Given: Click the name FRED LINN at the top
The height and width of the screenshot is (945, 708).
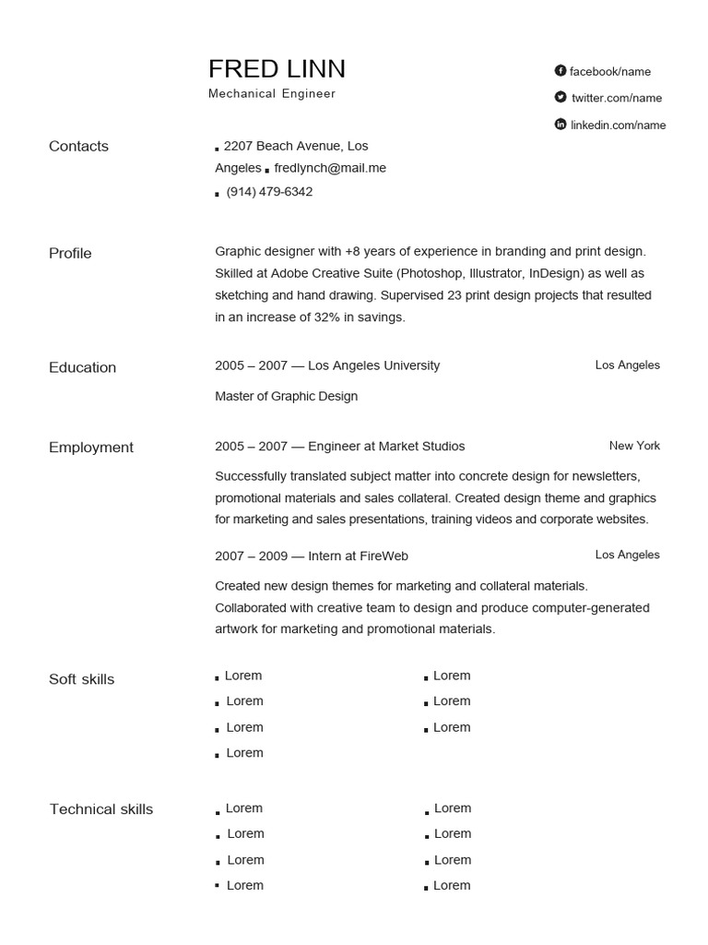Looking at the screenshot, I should (x=277, y=69).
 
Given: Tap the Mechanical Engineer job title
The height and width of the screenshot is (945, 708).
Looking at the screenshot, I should (x=272, y=94).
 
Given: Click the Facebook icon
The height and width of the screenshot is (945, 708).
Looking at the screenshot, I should (x=560, y=71).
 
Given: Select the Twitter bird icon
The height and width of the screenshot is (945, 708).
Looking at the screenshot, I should (x=560, y=97).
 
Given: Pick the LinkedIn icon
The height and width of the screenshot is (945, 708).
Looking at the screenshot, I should (x=560, y=124).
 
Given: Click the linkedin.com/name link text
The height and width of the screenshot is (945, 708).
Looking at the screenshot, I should (x=618, y=125).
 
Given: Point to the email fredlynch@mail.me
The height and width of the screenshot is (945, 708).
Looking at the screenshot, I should (x=331, y=168).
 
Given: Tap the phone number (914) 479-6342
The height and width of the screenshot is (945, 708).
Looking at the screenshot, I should (x=269, y=192).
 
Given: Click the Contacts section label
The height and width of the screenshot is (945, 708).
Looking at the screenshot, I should (x=78, y=146).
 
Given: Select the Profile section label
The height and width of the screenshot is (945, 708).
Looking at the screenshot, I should (x=70, y=253).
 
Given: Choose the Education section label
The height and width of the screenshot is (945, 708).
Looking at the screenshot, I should (x=82, y=367).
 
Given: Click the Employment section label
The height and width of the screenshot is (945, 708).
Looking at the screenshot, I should (x=91, y=448).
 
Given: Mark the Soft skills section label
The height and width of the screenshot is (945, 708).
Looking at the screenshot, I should (x=81, y=679).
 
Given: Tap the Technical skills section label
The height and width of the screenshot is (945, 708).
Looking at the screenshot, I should (x=101, y=809).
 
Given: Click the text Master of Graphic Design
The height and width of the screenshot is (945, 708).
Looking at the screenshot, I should (x=286, y=396).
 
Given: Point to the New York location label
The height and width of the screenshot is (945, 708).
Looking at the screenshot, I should (x=634, y=446).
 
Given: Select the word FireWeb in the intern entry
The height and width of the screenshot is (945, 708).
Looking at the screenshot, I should (x=384, y=556).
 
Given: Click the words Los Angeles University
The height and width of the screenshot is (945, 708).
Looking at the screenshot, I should (x=373, y=365).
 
